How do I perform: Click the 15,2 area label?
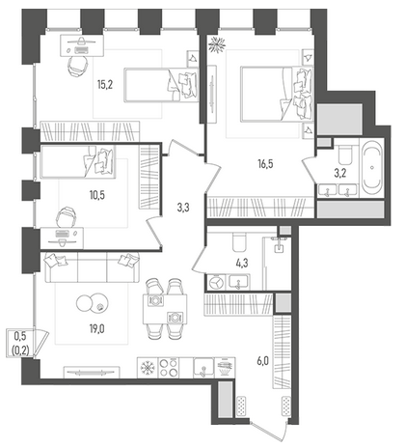(x=105, y=85)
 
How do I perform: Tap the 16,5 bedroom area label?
(x=265, y=164)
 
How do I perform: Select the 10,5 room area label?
(x=97, y=195)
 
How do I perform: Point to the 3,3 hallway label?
(x=183, y=208)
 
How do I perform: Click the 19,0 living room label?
(x=97, y=329)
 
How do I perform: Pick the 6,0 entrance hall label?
(x=262, y=361)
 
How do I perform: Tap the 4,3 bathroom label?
(x=242, y=264)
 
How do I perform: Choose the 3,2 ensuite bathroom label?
(x=339, y=173)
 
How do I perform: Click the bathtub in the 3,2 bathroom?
(x=372, y=168)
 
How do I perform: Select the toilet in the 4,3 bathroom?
(x=239, y=242)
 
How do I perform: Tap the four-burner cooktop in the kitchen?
(x=169, y=368)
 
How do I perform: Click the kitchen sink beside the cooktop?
(x=203, y=368)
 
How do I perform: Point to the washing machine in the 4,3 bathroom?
(x=216, y=282)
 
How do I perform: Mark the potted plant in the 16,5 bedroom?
(x=217, y=44)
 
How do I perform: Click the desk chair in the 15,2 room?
(x=78, y=66)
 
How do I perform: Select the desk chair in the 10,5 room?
(x=66, y=216)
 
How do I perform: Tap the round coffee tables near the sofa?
(x=93, y=303)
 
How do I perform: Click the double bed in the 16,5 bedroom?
(x=277, y=94)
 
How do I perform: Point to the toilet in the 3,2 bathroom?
(x=346, y=154)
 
